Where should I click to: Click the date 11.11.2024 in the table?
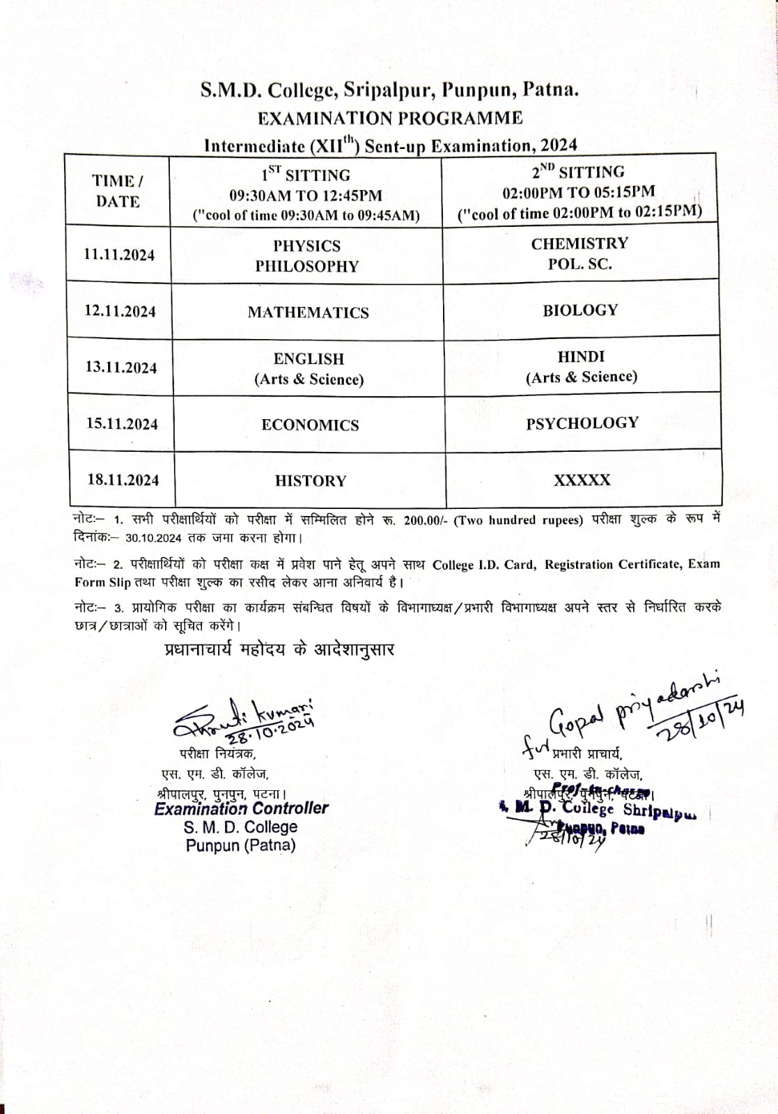(x=119, y=255)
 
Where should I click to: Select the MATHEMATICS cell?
(x=309, y=313)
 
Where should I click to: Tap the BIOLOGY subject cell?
(x=580, y=311)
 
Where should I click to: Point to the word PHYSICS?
(x=306, y=246)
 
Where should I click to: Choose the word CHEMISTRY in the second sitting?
(x=579, y=244)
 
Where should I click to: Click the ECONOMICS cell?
(x=310, y=425)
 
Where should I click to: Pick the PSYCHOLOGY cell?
(x=582, y=423)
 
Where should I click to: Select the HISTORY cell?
(x=310, y=481)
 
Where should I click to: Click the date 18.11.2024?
(x=123, y=480)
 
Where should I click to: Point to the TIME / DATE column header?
(x=118, y=191)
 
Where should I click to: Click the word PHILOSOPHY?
(x=306, y=266)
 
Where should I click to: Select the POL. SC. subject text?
(x=579, y=264)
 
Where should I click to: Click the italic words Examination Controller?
(x=241, y=808)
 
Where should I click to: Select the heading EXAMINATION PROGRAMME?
(x=390, y=118)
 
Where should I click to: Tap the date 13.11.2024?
(x=121, y=368)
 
